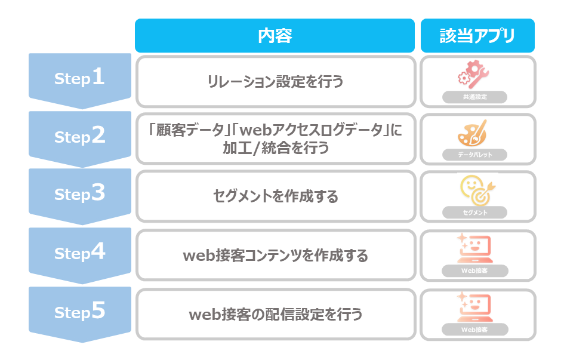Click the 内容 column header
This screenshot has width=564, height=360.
tap(275, 36)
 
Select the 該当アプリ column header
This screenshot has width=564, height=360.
tap(477, 36)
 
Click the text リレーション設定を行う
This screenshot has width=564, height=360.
tap(275, 82)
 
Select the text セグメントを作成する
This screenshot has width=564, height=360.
tap(276, 196)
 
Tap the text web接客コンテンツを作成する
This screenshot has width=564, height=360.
tap(276, 256)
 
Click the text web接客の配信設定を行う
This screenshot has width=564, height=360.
tap(276, 314)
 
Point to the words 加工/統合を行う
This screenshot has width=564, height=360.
tap(276, 148)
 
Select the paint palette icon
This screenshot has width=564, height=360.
tap(473, 133)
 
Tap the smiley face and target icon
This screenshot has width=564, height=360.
tap(477, 190)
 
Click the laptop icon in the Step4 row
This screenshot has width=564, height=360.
tap(474, 248)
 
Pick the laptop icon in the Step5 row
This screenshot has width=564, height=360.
tap(474, 307)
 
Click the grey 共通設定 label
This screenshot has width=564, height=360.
tap(475, 97)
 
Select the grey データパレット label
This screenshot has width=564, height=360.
tap(475, 155)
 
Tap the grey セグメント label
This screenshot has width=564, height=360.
tap(475, 213)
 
